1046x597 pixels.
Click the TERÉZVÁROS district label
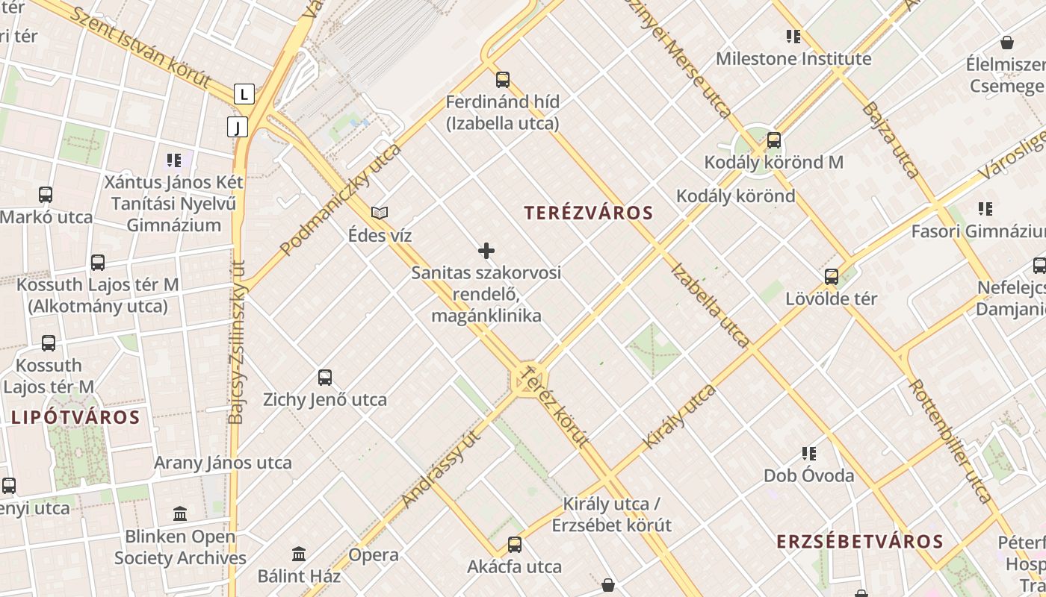(x=589, y=213)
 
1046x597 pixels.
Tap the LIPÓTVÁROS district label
(x=75, y=417)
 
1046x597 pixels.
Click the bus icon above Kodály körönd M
(x=774, y=140)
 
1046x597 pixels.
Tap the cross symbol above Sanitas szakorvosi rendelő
(x=486, y=251)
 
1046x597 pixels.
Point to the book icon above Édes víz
(x=380, y=213)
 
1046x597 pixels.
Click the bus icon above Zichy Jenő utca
(x=324, y=378)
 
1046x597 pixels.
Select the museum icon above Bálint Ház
(x=299, y=554)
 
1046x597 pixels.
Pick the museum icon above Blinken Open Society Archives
(x=180, y=514)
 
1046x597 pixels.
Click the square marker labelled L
(x=244, y=94)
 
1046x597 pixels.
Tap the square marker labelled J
(x=238, y=127)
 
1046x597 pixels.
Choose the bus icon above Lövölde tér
(x=831, y=277)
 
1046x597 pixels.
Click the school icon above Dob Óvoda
(x=808, y=453)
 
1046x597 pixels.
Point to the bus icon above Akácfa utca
(x=514, y=545)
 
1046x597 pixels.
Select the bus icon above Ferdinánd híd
(x=502, y=79)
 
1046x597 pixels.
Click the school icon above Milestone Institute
(x=793, y=36)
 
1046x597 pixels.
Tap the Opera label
(x=374, y=555)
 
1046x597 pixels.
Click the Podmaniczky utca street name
(x=341, y=199)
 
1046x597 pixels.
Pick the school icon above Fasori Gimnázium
(x=985, y=209)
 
